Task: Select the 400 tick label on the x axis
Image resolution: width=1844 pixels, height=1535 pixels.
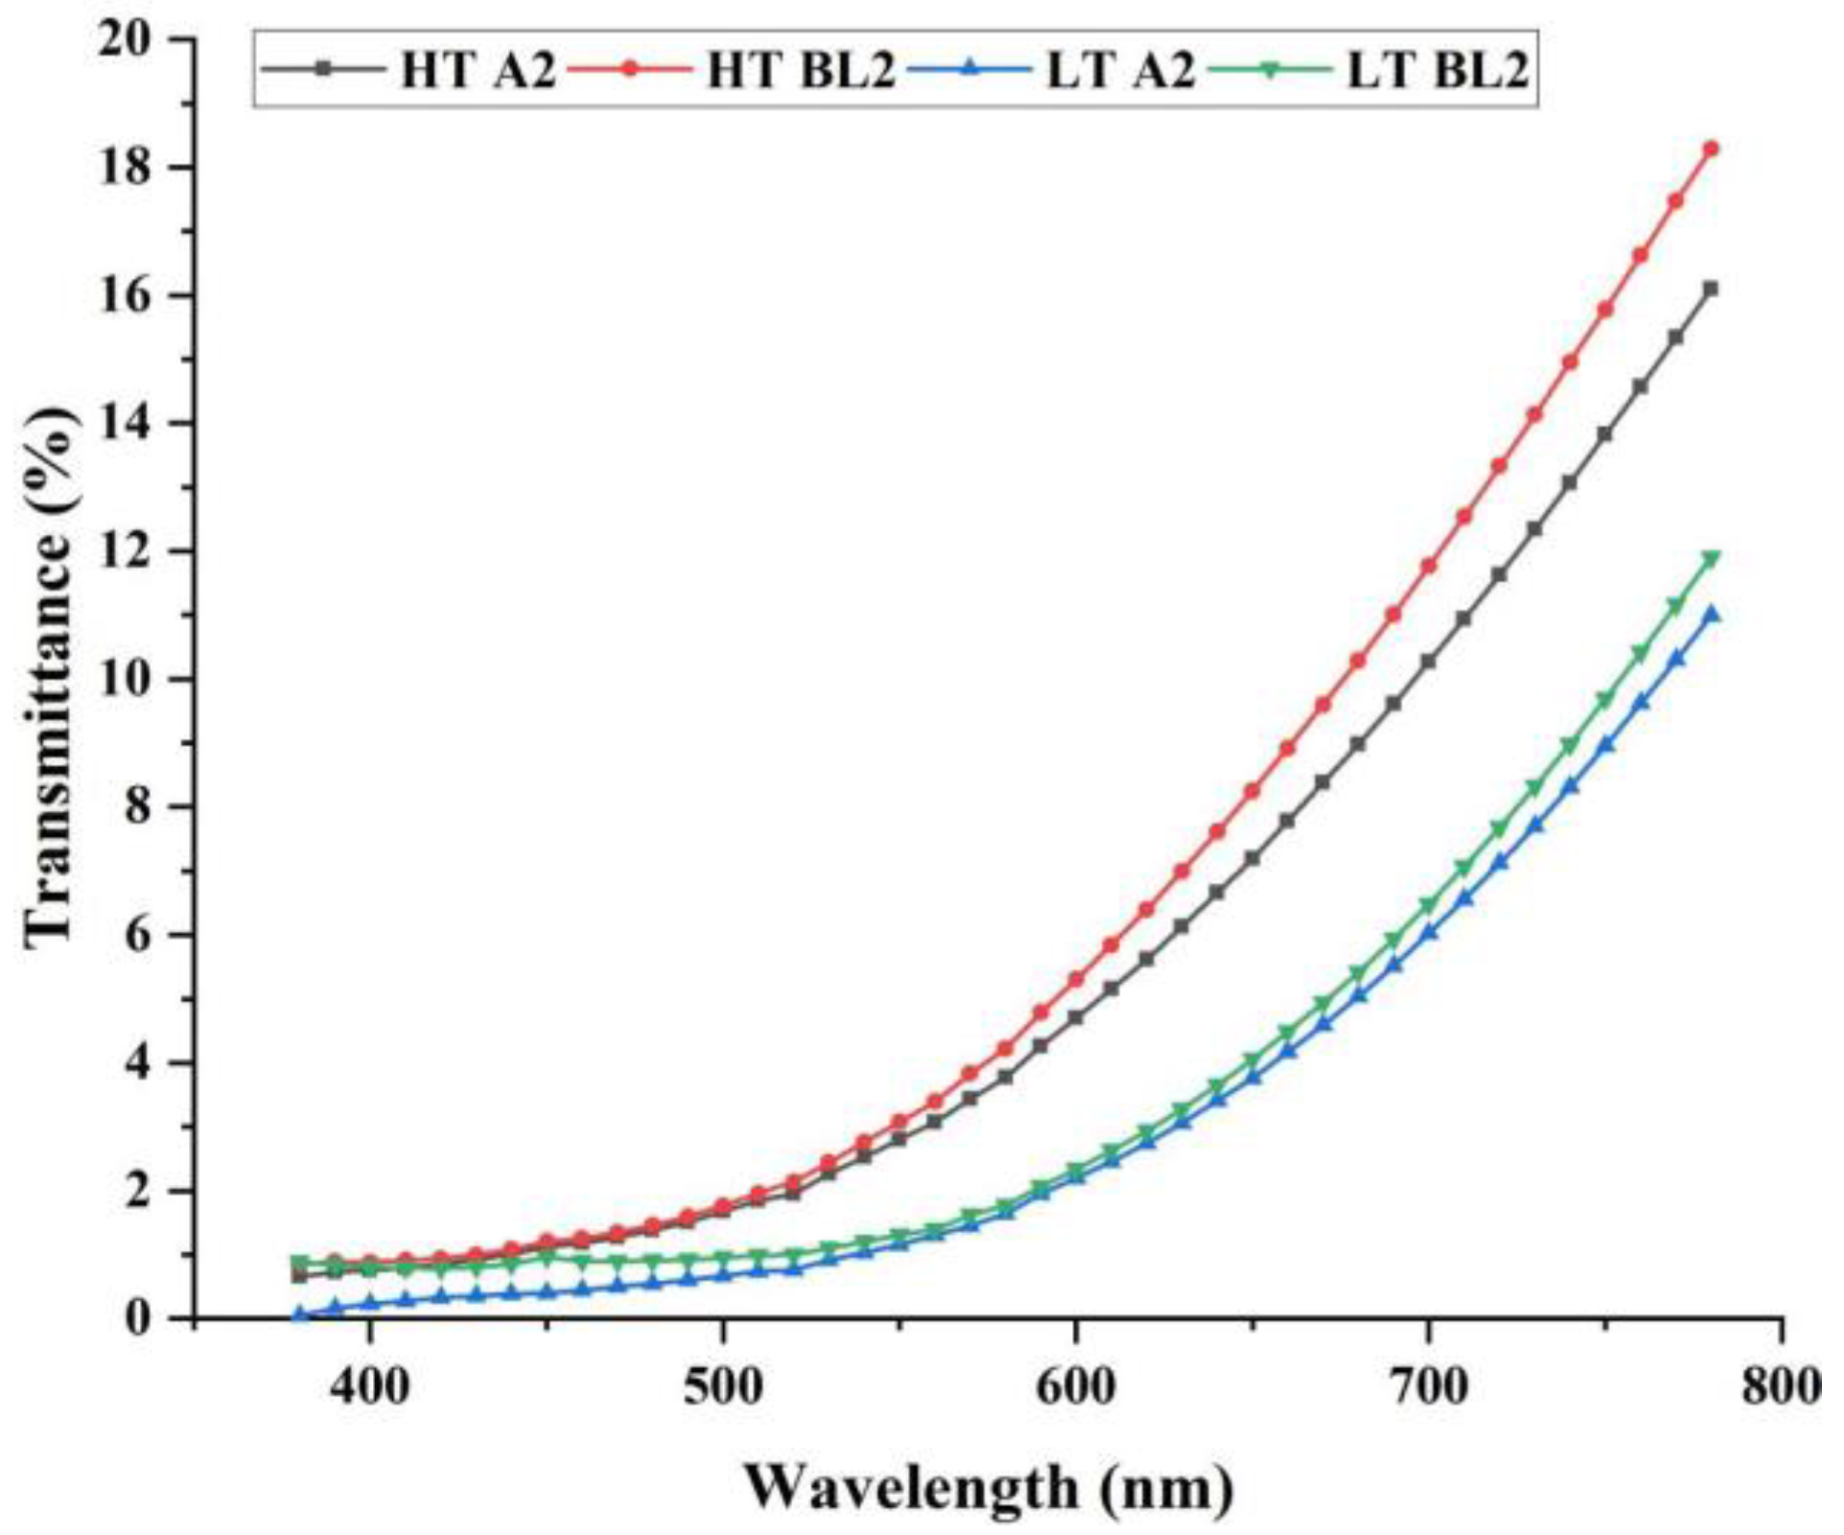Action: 370,1386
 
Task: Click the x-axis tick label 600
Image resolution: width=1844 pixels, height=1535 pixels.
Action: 1076,1386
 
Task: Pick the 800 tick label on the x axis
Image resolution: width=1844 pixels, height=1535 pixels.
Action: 1780,1386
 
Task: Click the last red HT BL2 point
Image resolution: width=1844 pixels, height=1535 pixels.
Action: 1711,150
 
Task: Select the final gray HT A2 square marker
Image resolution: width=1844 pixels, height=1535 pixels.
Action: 1711,289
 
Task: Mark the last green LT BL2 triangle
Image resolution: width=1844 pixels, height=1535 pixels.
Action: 1711,558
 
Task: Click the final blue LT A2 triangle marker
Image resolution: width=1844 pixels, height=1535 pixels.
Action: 1711,614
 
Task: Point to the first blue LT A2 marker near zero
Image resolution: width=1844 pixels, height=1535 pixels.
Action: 300,1314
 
